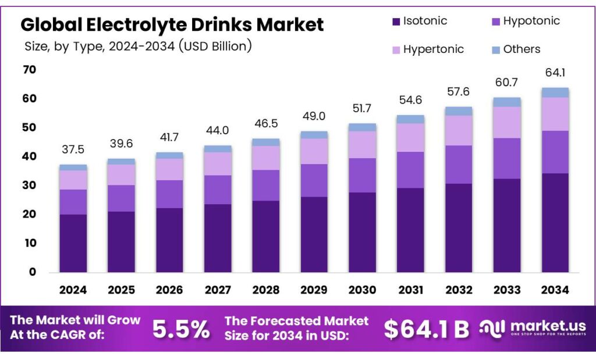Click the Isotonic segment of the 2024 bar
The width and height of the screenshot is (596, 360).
[73, 243]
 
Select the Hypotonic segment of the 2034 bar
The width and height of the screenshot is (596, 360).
[555, 152]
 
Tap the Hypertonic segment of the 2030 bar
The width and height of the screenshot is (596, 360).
[362, 144]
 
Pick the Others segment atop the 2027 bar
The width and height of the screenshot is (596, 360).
[218, 149]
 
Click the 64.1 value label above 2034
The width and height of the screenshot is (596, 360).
[555, 73]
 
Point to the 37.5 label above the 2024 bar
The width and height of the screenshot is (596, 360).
[73, 150]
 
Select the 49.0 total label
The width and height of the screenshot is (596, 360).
[314, 116]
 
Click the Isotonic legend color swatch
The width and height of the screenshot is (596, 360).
[396, 22]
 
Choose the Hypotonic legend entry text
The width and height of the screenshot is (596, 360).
[531, 22]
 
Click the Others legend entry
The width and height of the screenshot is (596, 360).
[521, 49]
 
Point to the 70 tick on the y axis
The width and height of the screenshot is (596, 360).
[30, 70]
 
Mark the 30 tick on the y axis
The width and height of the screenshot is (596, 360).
[30, 186]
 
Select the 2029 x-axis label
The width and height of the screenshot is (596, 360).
[314, 290]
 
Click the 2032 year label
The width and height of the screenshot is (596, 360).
[459, 290]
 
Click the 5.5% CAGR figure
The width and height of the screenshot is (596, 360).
[180, 329]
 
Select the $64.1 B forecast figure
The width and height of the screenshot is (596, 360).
[426, 329]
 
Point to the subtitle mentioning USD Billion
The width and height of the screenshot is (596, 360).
[138, 46]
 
